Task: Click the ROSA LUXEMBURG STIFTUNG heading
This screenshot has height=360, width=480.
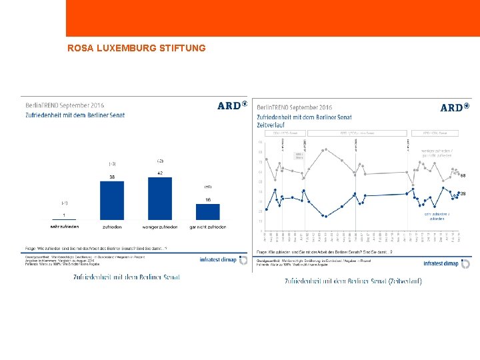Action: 137,49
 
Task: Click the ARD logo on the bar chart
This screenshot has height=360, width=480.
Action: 232,105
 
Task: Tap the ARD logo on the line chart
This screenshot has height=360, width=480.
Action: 455,107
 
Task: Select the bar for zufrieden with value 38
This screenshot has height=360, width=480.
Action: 112,200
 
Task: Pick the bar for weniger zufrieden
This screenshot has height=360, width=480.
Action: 159,198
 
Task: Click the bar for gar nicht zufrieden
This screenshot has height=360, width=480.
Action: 207,212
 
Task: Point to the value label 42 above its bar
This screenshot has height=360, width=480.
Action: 159,173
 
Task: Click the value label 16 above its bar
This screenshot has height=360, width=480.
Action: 207,200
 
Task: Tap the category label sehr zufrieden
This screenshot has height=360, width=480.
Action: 64,227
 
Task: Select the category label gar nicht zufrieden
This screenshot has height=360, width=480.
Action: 207,227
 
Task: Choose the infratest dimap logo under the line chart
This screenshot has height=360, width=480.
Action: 447,263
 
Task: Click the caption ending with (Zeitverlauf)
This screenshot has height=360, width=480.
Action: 353,281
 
